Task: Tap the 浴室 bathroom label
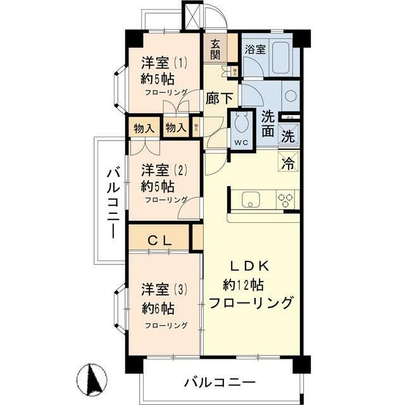[256, 49]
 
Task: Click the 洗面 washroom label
[268, 124]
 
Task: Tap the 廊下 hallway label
[220, 99]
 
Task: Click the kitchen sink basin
[250, 199]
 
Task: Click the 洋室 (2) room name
[164, 170]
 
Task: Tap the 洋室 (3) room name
[164, 290]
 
